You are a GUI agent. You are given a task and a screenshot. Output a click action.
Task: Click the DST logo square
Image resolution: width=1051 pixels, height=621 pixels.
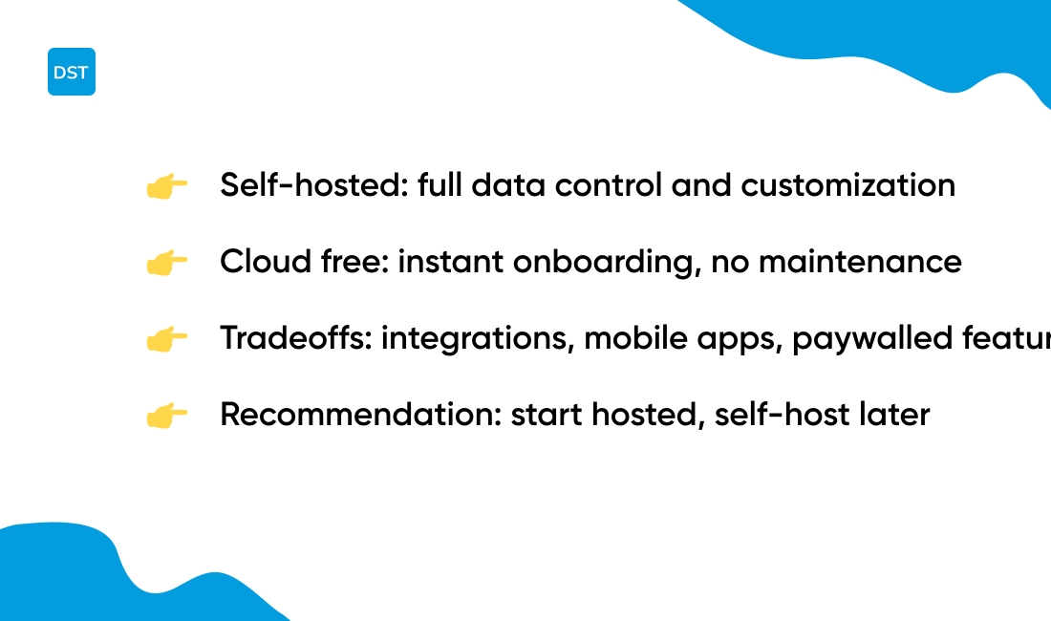(x=72, y=72)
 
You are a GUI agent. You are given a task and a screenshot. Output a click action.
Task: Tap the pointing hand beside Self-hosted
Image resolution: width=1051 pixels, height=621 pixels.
(x=166, y=186)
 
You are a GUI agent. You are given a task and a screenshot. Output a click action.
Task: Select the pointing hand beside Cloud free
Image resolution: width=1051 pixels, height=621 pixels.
(x=166, y=263)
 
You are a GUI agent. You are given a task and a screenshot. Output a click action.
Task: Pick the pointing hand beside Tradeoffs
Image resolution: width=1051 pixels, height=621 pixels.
(x=166, y=339)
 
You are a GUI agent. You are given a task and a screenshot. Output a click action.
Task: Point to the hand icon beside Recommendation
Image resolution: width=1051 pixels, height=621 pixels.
(x=166, y=416)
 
